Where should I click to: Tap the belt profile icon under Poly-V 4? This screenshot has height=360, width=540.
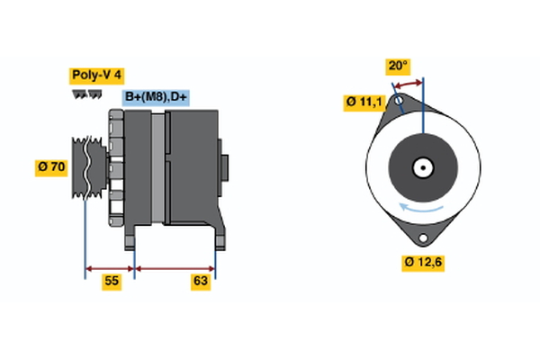click(x=85, y=94)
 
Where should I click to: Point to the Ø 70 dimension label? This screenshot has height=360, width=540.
click(x=52, y=167)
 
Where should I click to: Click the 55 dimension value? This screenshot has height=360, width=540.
click(x=112, y=282)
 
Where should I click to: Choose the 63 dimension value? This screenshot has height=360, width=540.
click(x=201, y=282)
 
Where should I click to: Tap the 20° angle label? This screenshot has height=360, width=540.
click(x=398, y=66)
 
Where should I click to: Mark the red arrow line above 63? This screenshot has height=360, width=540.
click(x=175, y=267)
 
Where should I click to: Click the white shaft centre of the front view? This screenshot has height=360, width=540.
click(x=422, y=167)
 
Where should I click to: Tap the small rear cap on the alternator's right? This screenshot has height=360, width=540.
click(x=225, y=168)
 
